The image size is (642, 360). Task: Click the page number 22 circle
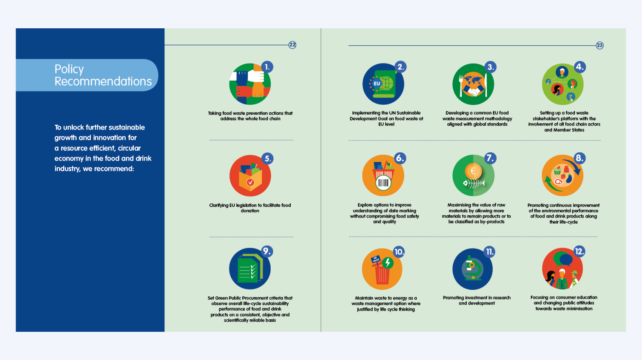click(292, 45)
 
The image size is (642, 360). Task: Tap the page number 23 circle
click(600, 46)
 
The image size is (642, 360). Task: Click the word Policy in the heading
click(69, 69)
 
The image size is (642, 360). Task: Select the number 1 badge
click(267, 67)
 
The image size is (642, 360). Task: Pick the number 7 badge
click(490, 158)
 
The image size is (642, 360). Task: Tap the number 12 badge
click(579, 251)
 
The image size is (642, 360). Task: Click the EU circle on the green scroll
click(376, 84)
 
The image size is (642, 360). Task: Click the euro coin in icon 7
click(473, 171)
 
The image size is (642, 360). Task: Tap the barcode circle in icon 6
click(383, 183)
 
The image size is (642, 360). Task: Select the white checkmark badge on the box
click(250, 182)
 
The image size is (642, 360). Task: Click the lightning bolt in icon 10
click(388, 263)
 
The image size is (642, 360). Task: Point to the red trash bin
click(382, 275)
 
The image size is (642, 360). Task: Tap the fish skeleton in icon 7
click(474, 183)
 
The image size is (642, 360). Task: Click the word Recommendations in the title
click(103, 81)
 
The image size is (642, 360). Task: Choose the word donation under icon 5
click(250, 211)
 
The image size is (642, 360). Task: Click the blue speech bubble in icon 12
click(566, 260)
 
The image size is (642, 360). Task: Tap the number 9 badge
click(267, 251)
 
